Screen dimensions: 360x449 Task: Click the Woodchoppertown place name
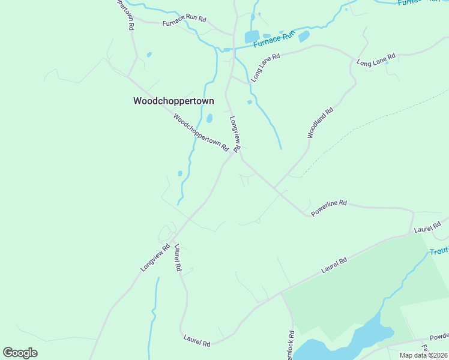point(173,101)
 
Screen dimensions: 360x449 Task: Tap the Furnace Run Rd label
point(184,23)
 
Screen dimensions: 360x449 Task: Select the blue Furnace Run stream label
point(275,39)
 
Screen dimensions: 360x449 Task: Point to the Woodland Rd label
point(320,123)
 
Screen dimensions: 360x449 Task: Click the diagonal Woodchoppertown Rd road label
point(201,133)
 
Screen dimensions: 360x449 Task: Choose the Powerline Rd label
point(329,208)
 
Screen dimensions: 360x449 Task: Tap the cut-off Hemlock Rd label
point(291,345)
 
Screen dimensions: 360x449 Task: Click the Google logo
point(20,353)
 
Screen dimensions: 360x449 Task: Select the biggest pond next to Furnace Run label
point(252,37)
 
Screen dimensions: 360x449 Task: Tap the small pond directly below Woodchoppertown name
point(209,118)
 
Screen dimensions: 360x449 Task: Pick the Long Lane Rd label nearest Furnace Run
point(266,67)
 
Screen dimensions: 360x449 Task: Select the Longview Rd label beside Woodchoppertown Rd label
point(235,133)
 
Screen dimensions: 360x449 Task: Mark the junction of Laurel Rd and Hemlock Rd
point(280,293)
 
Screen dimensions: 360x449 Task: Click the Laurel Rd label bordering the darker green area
point(334,265)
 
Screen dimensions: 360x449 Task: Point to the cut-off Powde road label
point(439,338)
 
